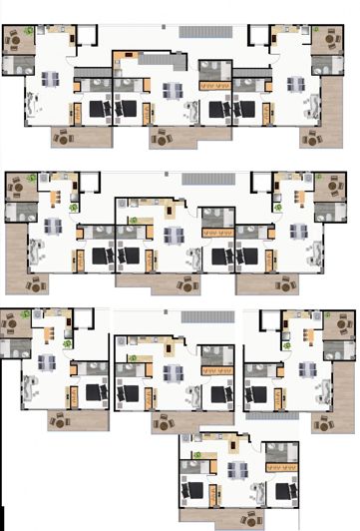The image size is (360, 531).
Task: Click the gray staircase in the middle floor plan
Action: [x=207, y=180]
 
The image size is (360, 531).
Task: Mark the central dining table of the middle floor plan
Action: [x=175, y=236]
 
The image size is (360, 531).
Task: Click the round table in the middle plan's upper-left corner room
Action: [x=16, y=186]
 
